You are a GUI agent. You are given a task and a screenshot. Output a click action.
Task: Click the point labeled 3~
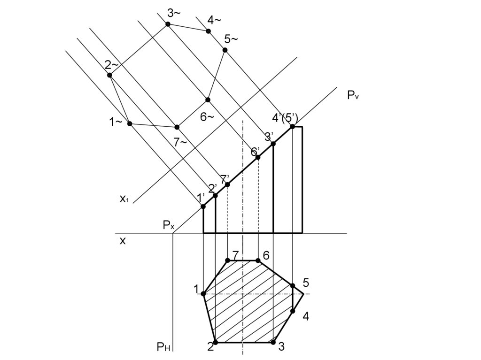tap(168, 24)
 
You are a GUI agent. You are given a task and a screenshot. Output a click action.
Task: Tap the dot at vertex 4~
tap(209, 31)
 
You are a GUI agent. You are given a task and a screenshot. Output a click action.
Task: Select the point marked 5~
tap(225, 50)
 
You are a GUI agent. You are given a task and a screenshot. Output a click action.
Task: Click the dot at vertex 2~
tap(109, 75)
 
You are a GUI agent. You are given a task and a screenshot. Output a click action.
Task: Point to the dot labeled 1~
tap(130, 123)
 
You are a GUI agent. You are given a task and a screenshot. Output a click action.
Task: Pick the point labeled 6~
tap(208, 100)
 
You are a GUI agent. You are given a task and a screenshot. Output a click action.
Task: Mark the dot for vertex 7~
tap(177, 127)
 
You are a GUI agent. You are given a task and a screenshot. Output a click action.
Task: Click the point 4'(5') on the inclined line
tap(292, 126)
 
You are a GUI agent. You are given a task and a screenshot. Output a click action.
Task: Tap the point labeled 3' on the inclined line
tap(273, 144)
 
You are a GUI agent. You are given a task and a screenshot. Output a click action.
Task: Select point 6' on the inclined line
tap(258, 157)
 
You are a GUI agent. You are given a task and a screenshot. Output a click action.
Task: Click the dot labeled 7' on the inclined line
tap(227, 184)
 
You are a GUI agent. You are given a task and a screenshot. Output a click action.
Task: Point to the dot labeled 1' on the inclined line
tap(203, 207)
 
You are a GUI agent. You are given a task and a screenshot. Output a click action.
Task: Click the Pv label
tap(353, 95)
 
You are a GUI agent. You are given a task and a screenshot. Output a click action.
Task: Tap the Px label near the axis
tap(169, 226)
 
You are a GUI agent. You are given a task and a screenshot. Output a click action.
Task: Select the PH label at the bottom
tap(163, 347)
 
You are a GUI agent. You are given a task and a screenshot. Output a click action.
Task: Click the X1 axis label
tap(124, 199)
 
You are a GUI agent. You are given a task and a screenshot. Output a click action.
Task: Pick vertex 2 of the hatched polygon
tap(215, 342)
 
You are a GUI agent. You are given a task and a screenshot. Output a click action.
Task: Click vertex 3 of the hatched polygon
tap(273, 342)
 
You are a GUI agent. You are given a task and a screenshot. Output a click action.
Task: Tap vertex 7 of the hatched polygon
tap(227, 260)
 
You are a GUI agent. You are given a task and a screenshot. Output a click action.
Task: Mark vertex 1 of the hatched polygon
tap(203, 294)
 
